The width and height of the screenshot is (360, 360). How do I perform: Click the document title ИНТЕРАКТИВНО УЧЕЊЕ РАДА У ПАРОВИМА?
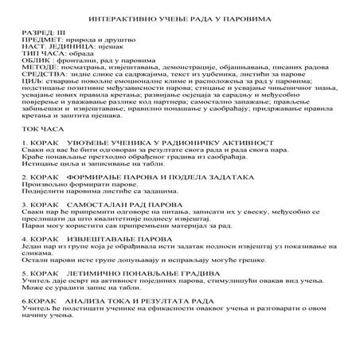(x=179, y=17)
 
